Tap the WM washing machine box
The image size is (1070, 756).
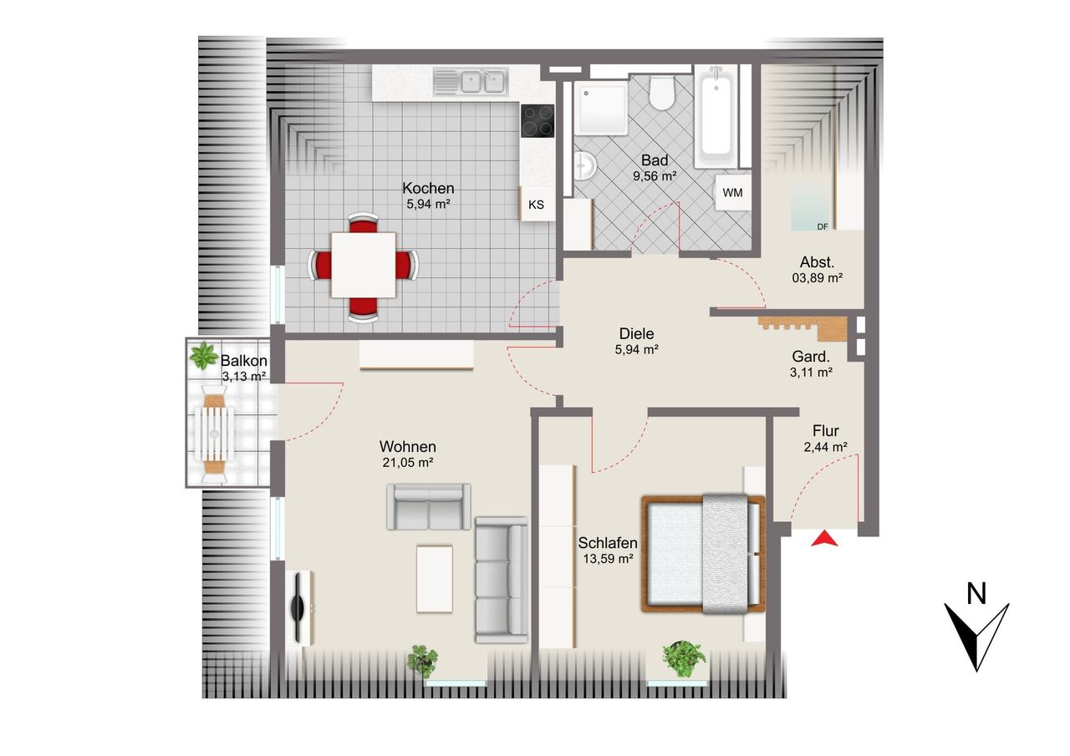tap(732, 192)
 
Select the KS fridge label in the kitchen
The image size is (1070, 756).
tap(536, 205)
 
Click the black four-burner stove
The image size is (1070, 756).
tap(538, 121)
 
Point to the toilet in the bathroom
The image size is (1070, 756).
tap(661, 93)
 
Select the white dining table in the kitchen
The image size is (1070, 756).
tap(363, 265)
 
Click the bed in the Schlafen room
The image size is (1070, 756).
tap(703, 554)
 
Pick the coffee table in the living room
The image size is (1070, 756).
tap(434, 579)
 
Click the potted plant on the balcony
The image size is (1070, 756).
tap(203, 356)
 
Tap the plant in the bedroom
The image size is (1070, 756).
tap(684, 658)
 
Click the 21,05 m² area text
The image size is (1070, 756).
tap(407, 463)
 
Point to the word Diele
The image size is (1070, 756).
tap(636, 333)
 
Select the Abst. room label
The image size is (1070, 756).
tap(818, 262)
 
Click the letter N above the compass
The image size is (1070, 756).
tap(976, 594)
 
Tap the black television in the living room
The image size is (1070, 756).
tap(298, 608)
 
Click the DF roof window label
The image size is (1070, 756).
tap(823, 227)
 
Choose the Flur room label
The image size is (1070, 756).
tap(825, 431)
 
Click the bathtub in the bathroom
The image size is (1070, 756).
tap(716, 116)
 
